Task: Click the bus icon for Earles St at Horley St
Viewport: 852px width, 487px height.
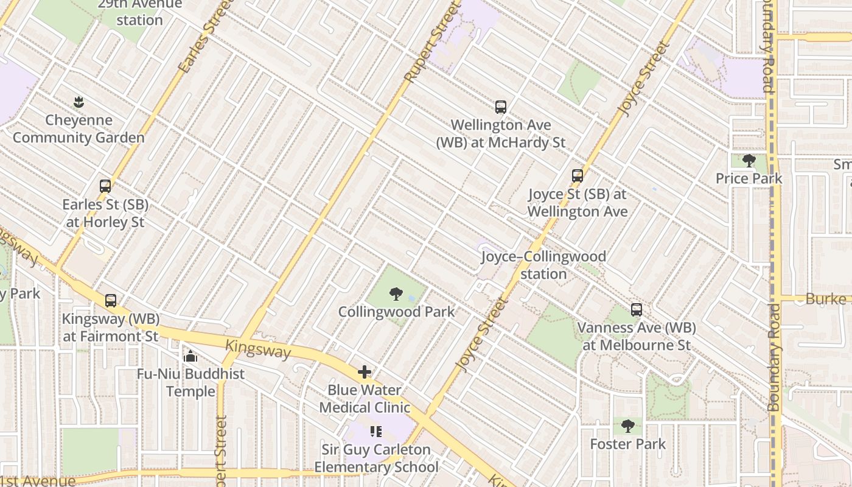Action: click(105, 186)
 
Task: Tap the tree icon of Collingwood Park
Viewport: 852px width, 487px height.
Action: click(396, 295)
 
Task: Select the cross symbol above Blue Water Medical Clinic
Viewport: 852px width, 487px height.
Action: click(365, 372)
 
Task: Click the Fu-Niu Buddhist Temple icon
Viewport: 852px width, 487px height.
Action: click(190, 356)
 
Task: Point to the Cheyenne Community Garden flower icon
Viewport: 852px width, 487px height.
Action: click(78, 102)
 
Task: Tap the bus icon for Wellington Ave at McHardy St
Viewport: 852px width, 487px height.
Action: click(500, 108)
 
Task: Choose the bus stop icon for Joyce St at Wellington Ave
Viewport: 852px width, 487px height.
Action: click(577, 177)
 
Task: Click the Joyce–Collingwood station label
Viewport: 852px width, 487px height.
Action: click(543, 265)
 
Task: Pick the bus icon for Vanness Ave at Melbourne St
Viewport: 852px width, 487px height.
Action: click(636, 310)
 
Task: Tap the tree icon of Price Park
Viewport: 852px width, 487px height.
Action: click(749, 161)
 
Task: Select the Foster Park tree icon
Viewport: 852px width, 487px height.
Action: click(627, 427)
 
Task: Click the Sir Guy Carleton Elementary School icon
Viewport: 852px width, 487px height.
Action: click(375, 432)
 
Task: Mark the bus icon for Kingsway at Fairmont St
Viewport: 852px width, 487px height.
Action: click(110, 301)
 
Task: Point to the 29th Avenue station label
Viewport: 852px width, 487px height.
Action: click(140, 12)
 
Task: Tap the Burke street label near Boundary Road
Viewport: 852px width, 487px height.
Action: click(825, 299)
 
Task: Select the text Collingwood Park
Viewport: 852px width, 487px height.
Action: click(396, 312)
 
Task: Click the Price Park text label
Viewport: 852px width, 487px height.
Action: click(749, 179)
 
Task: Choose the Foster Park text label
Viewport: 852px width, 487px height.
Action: click(627, 444)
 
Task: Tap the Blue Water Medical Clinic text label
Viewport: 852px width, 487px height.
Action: click(365, 399)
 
